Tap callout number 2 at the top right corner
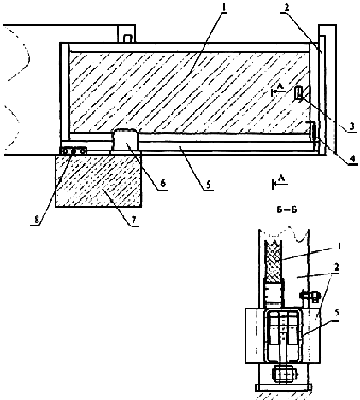pos(286,8)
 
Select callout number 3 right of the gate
pos(351,126)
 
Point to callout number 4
pos(352,158)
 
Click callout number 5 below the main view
pos(209,185)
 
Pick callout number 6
pos(162,184)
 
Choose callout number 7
pos(134,220)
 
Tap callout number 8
pos(37,220)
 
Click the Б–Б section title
pos(286,210)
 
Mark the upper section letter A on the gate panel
pos(280,85)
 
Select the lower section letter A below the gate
pos(280,179)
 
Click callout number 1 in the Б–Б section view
pos(339,245)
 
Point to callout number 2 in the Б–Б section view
pos(337,267)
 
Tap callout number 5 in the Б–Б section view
pos(337,313)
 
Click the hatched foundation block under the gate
pos(98,180)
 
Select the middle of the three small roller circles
pos(74,151)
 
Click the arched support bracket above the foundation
pos(126,139)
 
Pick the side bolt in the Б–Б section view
pos(310,297)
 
